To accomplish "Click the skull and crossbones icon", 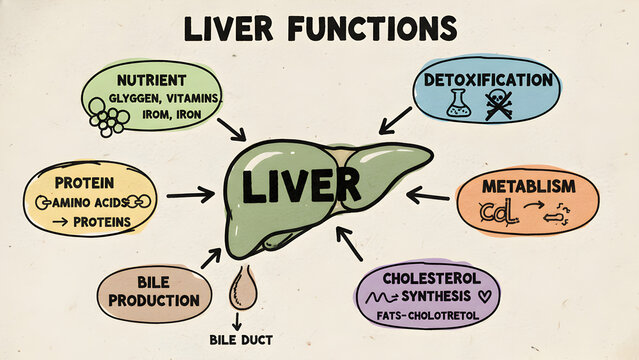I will [x=499, y=104].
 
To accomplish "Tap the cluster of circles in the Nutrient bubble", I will [x=108, y=115].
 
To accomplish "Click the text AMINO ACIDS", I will [x=93, y=202].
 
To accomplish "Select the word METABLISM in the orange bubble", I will [x=529, y=187].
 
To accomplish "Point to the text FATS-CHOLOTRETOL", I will [x=427, y=316].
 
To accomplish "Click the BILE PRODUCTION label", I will [x=154, y=291].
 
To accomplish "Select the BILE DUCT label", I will [x=240, y=340].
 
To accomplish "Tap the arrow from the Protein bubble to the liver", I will [x=190, y=195].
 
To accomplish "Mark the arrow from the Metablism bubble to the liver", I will [x=430, y=194].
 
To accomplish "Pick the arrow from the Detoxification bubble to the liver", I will [x=396, y=120].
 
